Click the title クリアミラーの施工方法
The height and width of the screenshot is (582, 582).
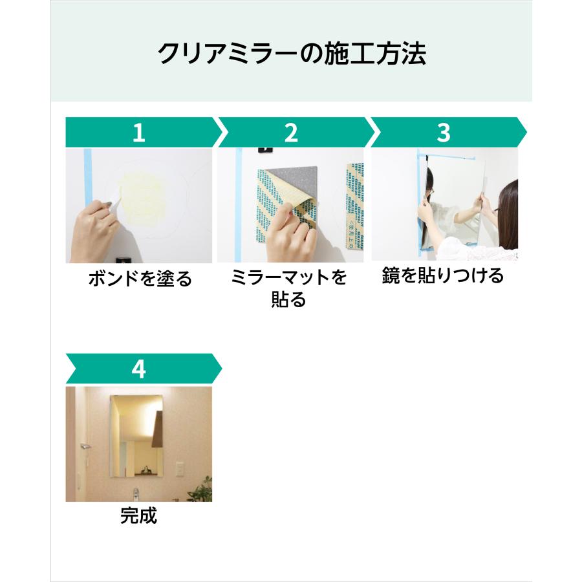point(292,54)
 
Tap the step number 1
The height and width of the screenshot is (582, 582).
point(139,133)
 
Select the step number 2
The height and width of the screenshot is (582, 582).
point(291,133)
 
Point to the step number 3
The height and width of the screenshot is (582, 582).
point(444,133)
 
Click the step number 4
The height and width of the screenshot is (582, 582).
point(138,369)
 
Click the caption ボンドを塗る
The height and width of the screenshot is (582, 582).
point(140,278)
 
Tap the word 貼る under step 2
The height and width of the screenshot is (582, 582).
point(288,299)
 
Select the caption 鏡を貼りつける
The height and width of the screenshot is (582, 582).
point(442,275)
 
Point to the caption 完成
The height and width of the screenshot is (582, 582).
point(138,515)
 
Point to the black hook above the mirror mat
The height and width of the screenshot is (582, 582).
point(265,150)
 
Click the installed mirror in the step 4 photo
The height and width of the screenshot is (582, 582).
point(136,436)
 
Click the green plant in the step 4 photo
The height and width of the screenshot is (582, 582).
point(201,490)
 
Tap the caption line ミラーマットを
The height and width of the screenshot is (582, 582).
point(288,277)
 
